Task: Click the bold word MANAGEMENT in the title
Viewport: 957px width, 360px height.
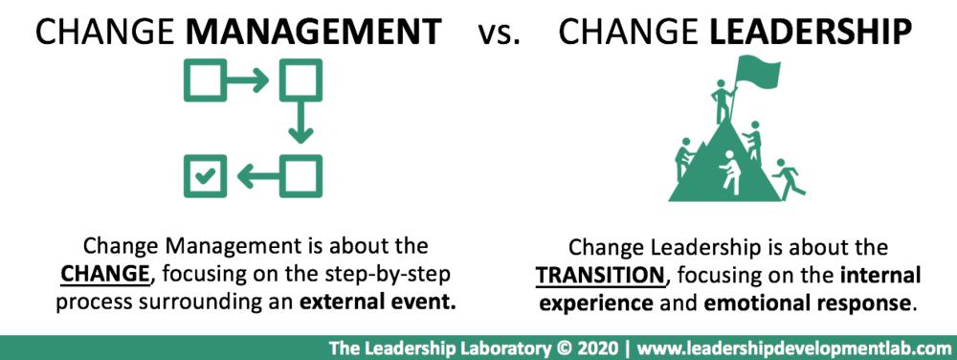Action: tap(313, 33)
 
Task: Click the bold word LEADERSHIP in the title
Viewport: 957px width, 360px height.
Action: tap(812, 33)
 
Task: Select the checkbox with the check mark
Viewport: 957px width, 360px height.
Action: tap(205, 176)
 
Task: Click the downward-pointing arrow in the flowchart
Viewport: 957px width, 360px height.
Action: tap(300, 123)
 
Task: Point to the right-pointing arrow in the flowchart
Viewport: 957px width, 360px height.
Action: tap(247, 79)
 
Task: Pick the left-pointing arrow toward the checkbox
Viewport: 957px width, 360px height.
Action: tap(258, 177)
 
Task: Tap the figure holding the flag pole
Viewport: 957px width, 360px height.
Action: tap(723, 101)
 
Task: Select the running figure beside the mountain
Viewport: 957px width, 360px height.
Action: tap(788, 178)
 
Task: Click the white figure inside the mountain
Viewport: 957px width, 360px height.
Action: tap(730, 172)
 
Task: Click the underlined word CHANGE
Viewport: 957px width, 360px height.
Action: tap(105, 275)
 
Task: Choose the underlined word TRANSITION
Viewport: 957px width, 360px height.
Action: tap(599, 276)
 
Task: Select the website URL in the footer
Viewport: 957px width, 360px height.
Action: tap(792, 349)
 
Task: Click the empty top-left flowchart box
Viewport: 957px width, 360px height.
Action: tap(205, 79)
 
